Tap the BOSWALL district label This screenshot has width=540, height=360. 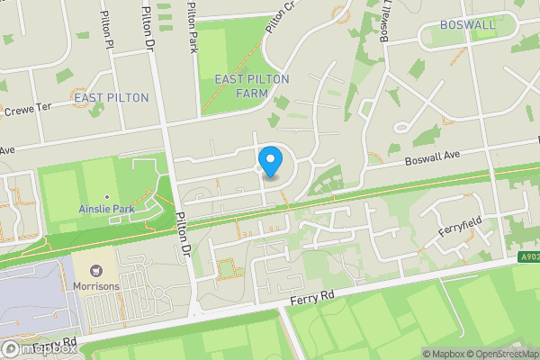pos(467,24)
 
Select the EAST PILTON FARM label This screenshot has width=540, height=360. pos(251,85)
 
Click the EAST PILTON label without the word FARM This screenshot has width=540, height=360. pos(112,97)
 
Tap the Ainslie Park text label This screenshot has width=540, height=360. pos(107,209)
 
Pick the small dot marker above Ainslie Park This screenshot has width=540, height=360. pos(107,196)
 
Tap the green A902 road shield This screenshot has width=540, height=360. pos(527,257)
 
